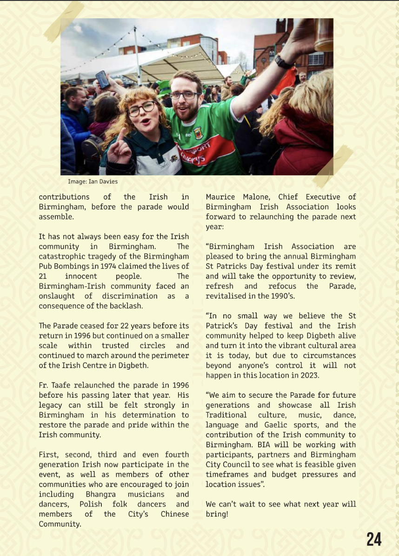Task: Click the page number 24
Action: tap(373, 539)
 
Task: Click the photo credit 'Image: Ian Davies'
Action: tap(93, 181)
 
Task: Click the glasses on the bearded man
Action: tap(185, 95)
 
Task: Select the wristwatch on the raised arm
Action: tap(283, 61)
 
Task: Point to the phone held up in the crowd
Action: tap(102, 79)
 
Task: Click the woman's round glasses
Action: tap(141, 109)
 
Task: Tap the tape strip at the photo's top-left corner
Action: tap(64, 21)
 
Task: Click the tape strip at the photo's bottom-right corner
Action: tap(333, 166)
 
